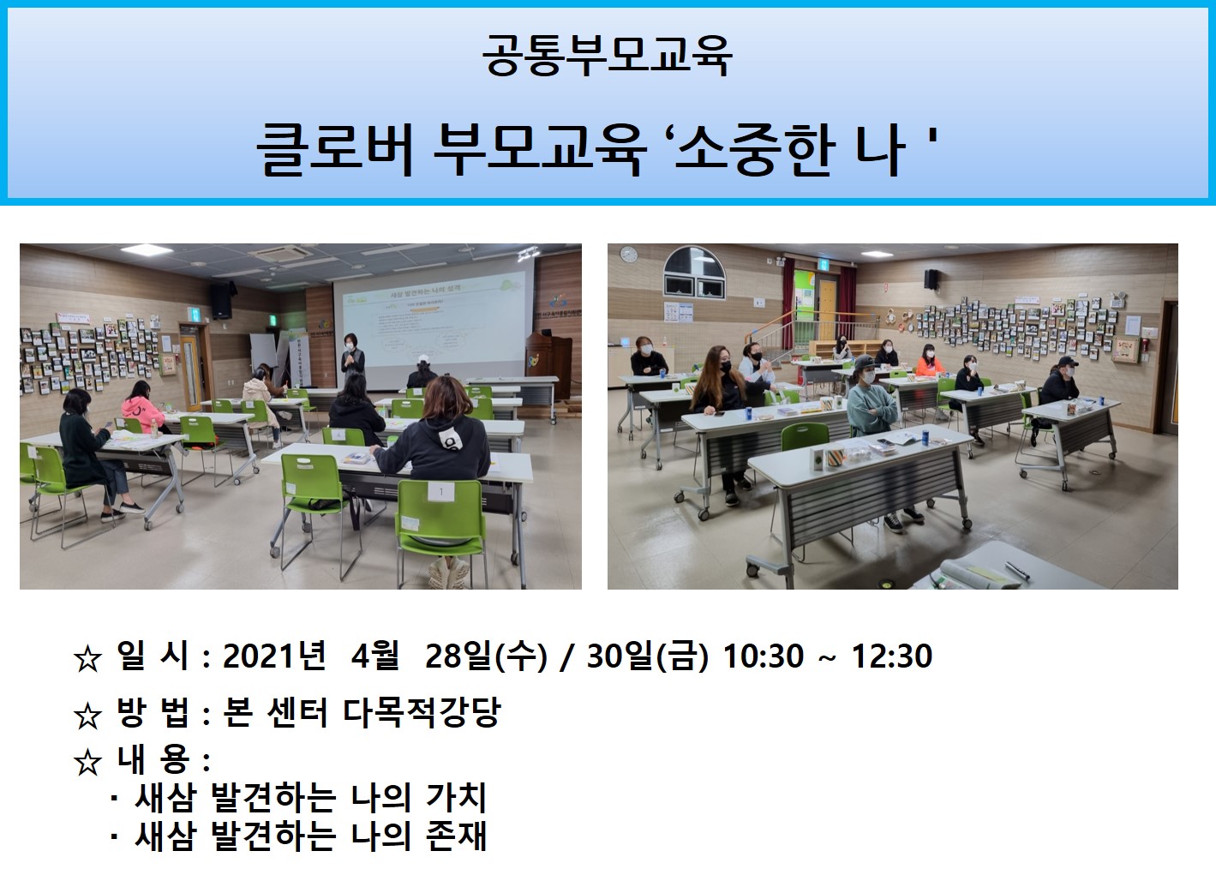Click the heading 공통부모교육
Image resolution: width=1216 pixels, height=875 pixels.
607,56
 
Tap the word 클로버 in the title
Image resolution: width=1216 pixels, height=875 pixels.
335,149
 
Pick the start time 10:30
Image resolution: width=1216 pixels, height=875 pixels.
764,656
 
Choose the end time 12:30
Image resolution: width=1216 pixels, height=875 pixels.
892,656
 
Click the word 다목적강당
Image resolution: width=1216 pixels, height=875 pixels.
422,711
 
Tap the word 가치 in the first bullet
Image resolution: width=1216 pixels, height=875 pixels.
456,797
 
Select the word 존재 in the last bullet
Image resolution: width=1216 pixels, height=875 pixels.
456,836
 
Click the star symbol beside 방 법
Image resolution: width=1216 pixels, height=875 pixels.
87,716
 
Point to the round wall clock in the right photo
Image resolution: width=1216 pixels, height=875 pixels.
628,254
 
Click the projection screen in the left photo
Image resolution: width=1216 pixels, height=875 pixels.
433,323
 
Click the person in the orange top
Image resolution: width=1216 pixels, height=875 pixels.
930,360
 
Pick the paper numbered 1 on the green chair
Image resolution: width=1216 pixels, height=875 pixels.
440,492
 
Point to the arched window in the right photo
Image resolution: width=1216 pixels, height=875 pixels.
694,273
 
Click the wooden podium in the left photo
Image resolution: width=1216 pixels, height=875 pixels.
548,363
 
